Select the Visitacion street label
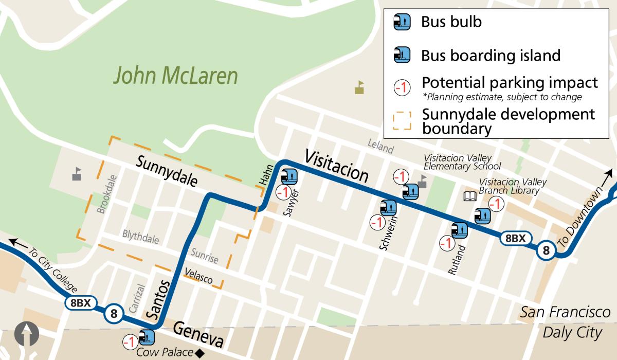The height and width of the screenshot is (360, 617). click(x=337, y=166)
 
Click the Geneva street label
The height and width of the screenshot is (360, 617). click(x=198, y=334)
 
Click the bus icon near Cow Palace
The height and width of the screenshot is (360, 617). click(x=148, y=338)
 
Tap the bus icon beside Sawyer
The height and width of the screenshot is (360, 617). click(x=289, y=177)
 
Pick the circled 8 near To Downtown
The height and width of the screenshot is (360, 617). click(x=546, y=250)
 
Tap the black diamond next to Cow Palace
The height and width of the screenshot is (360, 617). click(x=200, y=353)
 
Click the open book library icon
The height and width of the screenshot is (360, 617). click(x=470, y=196)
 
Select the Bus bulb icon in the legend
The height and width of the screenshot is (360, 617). click(x=402, y=22)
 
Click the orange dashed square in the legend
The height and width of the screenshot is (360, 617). click(x=402, y=120)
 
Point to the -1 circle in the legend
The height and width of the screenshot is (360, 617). click(x=402, y=88)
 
